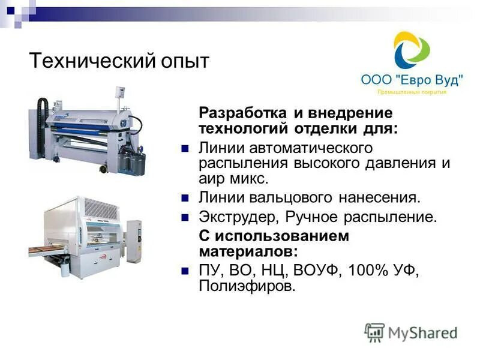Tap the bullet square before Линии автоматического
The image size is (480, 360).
click(x=185, y=148)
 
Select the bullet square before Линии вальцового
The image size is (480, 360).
click(x=185, y=197)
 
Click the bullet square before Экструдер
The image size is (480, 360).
click(x=185, y=217)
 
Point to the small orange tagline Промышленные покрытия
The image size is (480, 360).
click(x=412, y=92)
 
